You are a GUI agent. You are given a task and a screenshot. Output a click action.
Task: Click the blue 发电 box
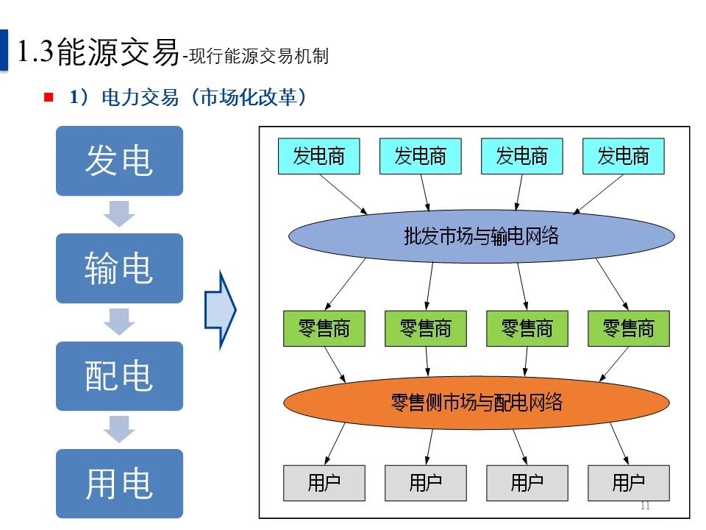coord(119,160)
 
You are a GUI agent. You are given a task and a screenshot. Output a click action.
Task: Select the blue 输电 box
coord(119,268)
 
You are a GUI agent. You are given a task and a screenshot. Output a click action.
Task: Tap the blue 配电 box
coord(119,375)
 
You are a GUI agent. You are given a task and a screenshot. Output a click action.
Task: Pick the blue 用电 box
coord(119,483)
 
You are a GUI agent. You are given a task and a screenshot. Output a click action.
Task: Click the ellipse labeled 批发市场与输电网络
coord(481,236)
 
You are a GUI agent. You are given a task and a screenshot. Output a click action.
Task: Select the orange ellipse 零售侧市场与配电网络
coord(477,402)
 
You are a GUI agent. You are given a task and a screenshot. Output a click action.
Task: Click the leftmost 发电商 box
coord(318,156)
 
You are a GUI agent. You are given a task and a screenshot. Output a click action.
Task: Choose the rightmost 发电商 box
coord(623,156)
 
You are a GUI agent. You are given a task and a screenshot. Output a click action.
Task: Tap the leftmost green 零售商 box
coord(324,328)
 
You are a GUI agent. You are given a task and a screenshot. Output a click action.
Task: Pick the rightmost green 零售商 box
coord(629,328)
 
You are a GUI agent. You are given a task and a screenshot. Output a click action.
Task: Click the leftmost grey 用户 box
coord(324,483)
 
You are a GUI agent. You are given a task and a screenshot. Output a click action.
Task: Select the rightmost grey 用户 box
coord(629,483)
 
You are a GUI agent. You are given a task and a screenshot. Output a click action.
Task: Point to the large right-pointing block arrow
coord(220,308)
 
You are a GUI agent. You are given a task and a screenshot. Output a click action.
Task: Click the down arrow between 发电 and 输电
coord(119,214)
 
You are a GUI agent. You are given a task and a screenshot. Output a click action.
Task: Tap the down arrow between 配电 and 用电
coord(119,429)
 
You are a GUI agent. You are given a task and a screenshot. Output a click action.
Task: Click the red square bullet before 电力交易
coord(49,97)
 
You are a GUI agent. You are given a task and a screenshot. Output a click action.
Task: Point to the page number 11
coord(646,506)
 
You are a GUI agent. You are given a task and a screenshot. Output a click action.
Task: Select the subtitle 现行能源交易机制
coord(258,56)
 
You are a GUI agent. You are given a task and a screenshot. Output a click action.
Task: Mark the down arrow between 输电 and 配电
coord(119,322)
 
